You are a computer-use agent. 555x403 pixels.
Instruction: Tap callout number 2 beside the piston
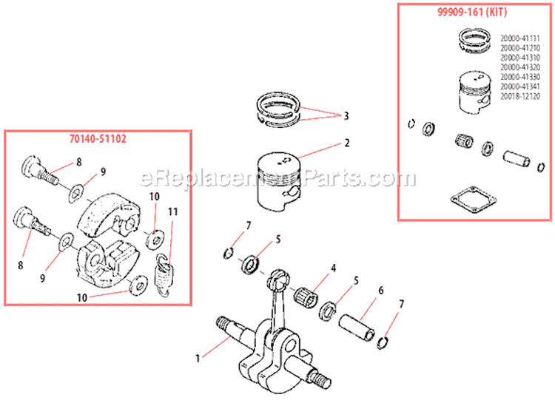pyautogui.click(x=346, y=143)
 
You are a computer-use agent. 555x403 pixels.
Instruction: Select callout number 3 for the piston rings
pyautogui.click(x=346, y=115)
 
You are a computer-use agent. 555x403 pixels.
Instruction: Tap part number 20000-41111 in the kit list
pyautogui.click(x=521, y=38)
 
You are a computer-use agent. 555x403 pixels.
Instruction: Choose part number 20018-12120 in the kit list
pyautogui.click(x=521, y=95)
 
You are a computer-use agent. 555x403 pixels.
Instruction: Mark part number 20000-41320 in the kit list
pyautogui.click(x=521, y=67)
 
